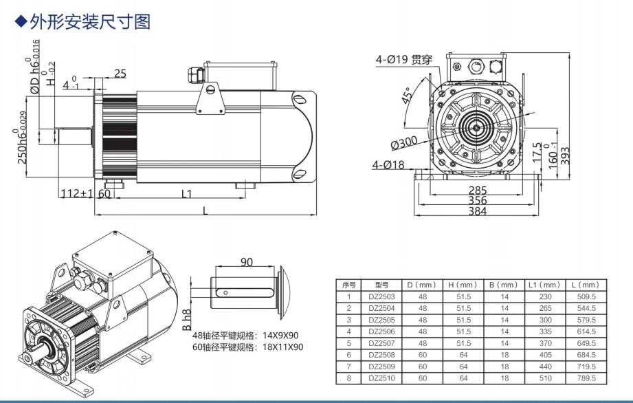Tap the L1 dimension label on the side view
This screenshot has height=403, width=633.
point(186,194)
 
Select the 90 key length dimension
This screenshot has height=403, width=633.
point(246,262)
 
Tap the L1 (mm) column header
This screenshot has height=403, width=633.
point(545,284)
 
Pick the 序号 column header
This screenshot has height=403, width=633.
point(348,284)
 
